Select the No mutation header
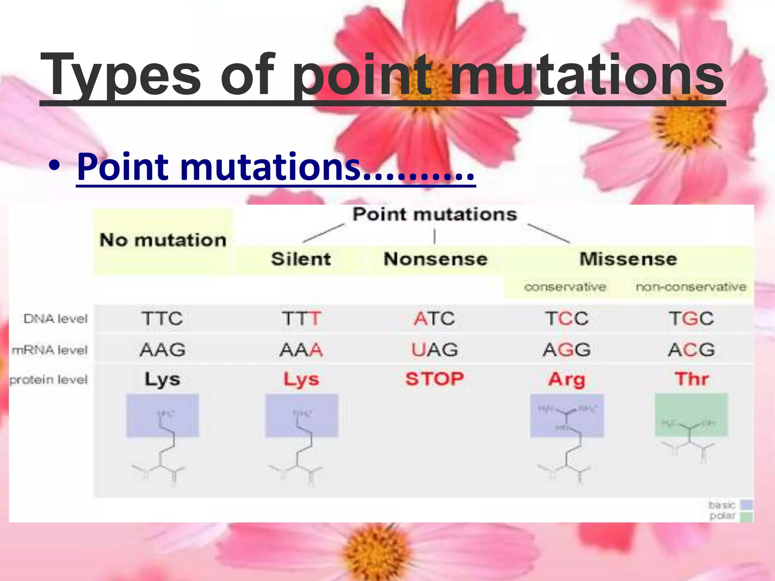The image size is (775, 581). click(x=163, y=240)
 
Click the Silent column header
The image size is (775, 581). click(x=301, y=259)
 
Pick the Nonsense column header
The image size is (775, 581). click(x=436, y=259)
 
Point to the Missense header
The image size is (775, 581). click(x=628, y=259)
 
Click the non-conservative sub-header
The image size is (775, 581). click(x=691, y=287)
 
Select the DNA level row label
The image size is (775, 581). click(x=56, y=319)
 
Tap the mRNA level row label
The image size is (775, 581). click(x=50, y=350)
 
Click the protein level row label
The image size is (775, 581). click(x=48, y=379)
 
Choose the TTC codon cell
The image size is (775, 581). click(x=162, y=318)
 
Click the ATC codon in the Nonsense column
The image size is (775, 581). click(x=434, y=318)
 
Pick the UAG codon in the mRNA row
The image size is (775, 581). click(x=435, y=350)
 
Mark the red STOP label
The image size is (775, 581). click(x=435, y=379)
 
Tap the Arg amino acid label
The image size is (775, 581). click(x=566, y=379)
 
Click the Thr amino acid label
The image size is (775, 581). click(x=691, y=379)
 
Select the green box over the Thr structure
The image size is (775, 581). click(x=691, y=414)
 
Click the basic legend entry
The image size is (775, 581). click(x=730, y=505)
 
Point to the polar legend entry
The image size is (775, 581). click(x=731, y=516)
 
